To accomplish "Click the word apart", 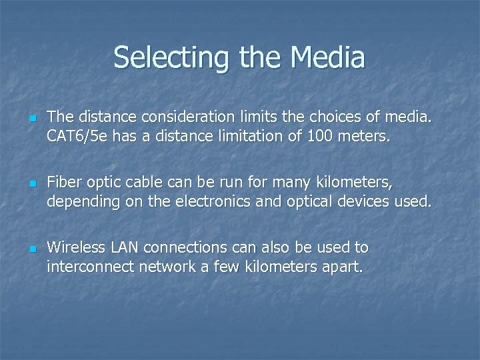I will click(339, 267).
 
